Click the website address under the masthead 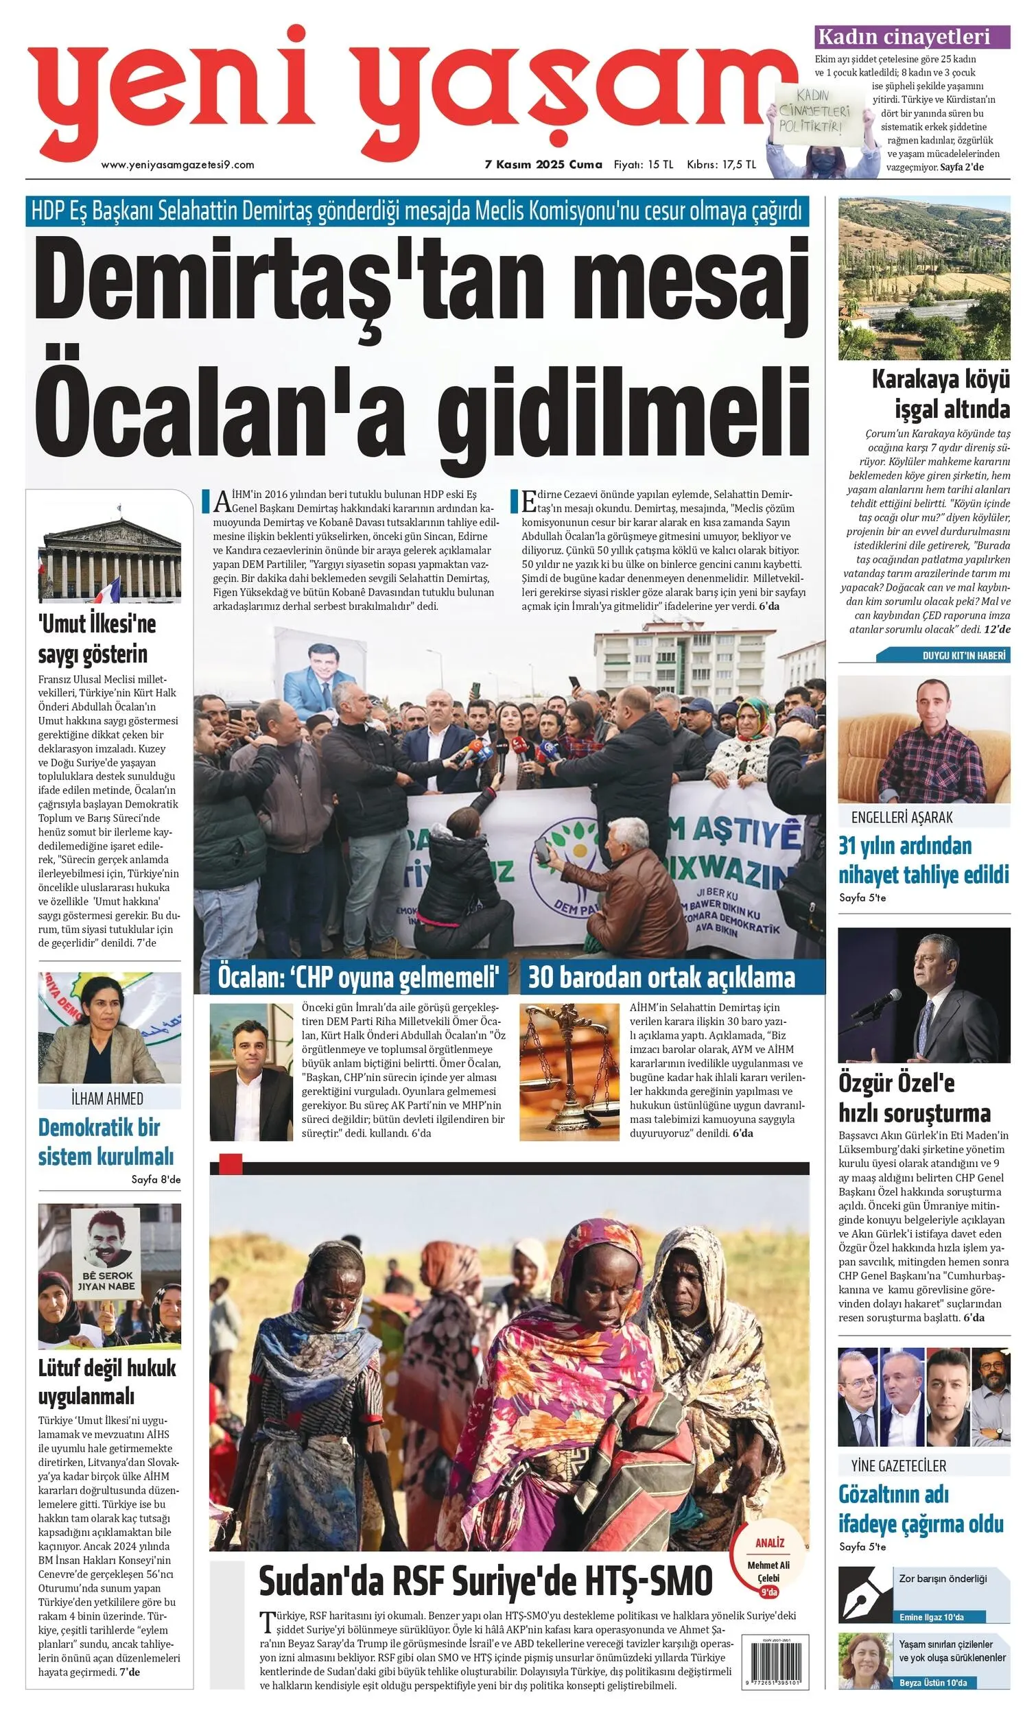178,165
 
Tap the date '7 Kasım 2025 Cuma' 543,165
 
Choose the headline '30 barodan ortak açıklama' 661,978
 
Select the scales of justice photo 569,1071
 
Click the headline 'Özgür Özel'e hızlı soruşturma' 913,1098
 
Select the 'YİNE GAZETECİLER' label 898,1465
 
